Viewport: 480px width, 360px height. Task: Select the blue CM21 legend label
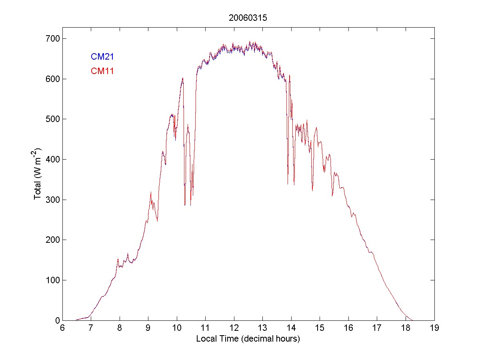(x=102, y=57)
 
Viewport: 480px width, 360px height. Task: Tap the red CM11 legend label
(x=102, y=72)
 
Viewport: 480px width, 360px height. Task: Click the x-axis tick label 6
(x=62, y=328)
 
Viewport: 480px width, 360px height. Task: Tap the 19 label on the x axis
(x=434, y=328)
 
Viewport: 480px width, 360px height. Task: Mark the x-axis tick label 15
(x=320, y=328)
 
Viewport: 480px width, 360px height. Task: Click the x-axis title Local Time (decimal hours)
(x=248, y=339)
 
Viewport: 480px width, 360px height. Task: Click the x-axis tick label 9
(x=148, y=328)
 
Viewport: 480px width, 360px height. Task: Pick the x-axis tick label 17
(x=377, y=328)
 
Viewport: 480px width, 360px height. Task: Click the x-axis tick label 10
(x=176, y=328)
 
